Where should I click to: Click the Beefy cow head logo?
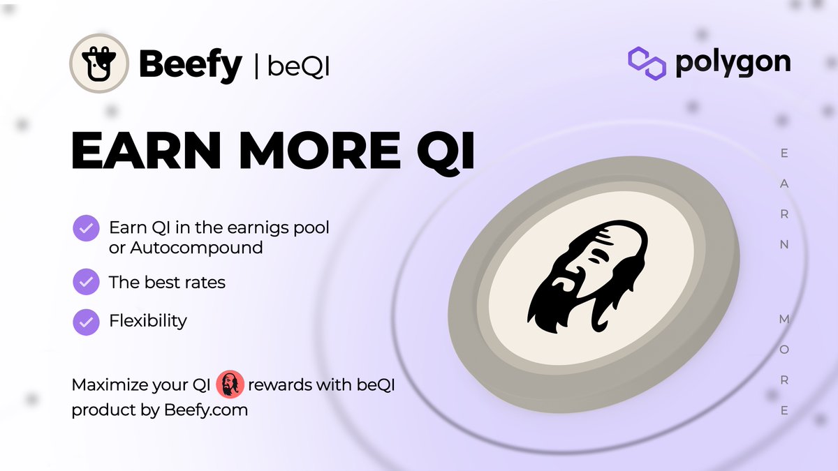pos(99,63)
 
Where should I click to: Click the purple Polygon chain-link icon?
pos(646,63)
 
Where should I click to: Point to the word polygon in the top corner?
pos(733,63)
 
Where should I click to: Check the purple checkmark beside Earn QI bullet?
pos(86,228)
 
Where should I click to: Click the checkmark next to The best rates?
pos(86,282)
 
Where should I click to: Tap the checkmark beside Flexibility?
pos(86,321)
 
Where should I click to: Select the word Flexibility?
pos(148,321)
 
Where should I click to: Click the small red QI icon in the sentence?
pos(230,384)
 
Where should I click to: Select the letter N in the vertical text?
pos(784,245)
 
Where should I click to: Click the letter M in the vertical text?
pos(784,319)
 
